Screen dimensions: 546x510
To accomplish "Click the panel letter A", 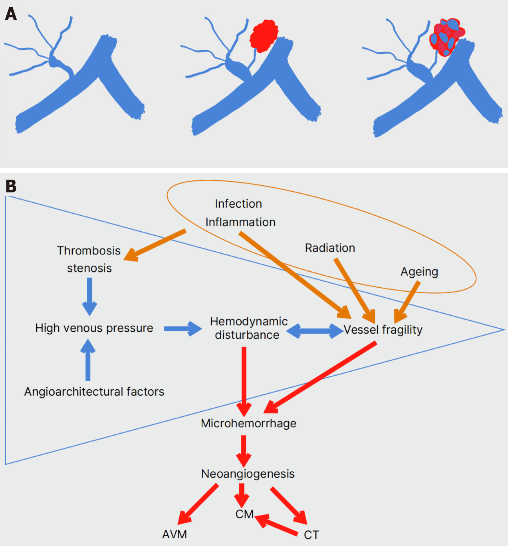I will (x=11, y=14).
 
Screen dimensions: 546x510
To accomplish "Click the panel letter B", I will (x=11, y=186).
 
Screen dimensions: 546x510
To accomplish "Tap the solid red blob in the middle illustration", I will (x=264, y=36).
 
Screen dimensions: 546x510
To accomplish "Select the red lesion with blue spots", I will (x=446, y=37).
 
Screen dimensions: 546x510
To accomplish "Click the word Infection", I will (x=238, y=204).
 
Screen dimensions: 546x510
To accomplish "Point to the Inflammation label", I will (x=240, y=222).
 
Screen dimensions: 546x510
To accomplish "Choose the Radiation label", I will (x=330, y=248).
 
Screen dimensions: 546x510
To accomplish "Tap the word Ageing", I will (x=419, y=272).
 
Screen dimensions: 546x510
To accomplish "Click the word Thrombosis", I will (x=89, y=251).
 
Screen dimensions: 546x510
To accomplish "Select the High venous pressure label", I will (x=94, y=328).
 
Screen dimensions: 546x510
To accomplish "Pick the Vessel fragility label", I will (x=383, y=330).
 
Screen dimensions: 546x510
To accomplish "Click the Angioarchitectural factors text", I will (x=94, y=392).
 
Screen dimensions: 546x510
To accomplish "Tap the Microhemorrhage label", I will (x=248, y=423).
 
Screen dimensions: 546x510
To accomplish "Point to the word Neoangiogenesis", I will (x=248, y=474).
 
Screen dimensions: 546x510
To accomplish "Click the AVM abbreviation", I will (x=174, y=534).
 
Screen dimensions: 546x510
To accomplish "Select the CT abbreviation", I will (x=311, y=535).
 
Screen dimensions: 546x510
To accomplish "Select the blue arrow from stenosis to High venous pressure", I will (x=89, y=296).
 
